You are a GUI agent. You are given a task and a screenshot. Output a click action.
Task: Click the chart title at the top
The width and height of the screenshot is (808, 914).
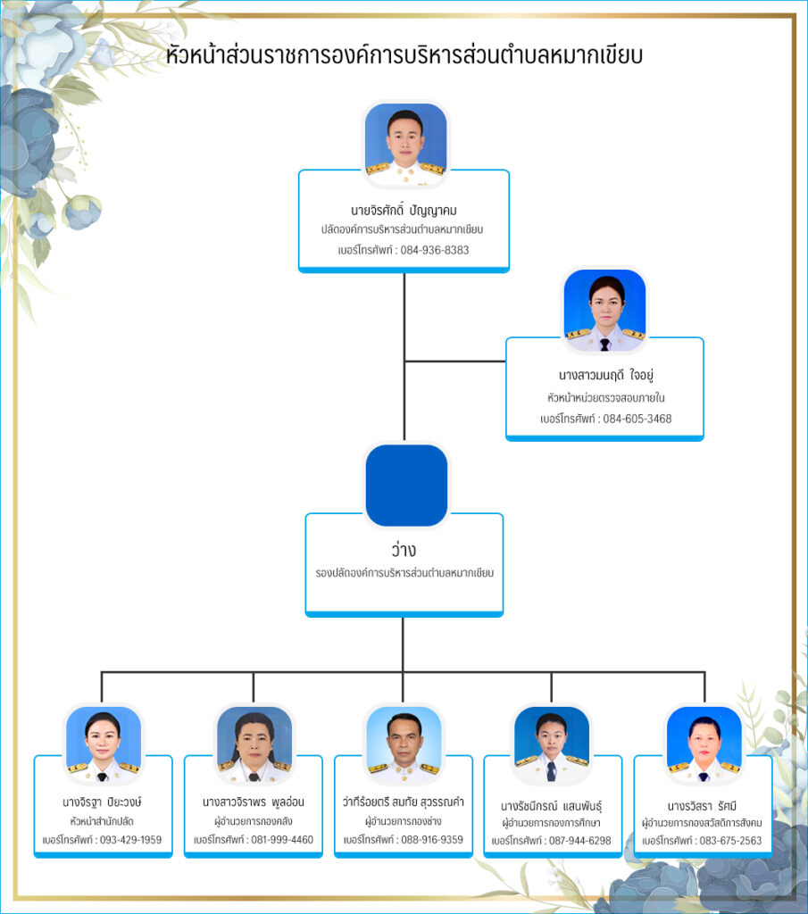pyautogui.click(x=404, y=55)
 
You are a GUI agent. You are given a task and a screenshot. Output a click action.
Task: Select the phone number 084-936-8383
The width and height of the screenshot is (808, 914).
pyautogui.click(x=434, y=250)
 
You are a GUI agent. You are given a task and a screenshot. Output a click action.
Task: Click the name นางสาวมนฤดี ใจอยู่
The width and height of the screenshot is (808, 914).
pyautogui.click(x=604, y=375)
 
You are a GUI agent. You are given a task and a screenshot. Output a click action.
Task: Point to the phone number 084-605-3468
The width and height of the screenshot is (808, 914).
pyautogui.click(x=637, y=419)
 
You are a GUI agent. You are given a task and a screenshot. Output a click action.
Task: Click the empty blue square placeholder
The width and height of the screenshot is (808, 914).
pyautogui.click(x=406, y=485)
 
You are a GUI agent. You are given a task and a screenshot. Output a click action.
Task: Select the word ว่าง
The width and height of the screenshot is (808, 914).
pyautogui.click(x=404, y=550)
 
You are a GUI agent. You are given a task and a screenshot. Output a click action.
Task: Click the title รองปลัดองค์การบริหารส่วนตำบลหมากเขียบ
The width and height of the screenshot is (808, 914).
pyautogui.click(x=404, y=572)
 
